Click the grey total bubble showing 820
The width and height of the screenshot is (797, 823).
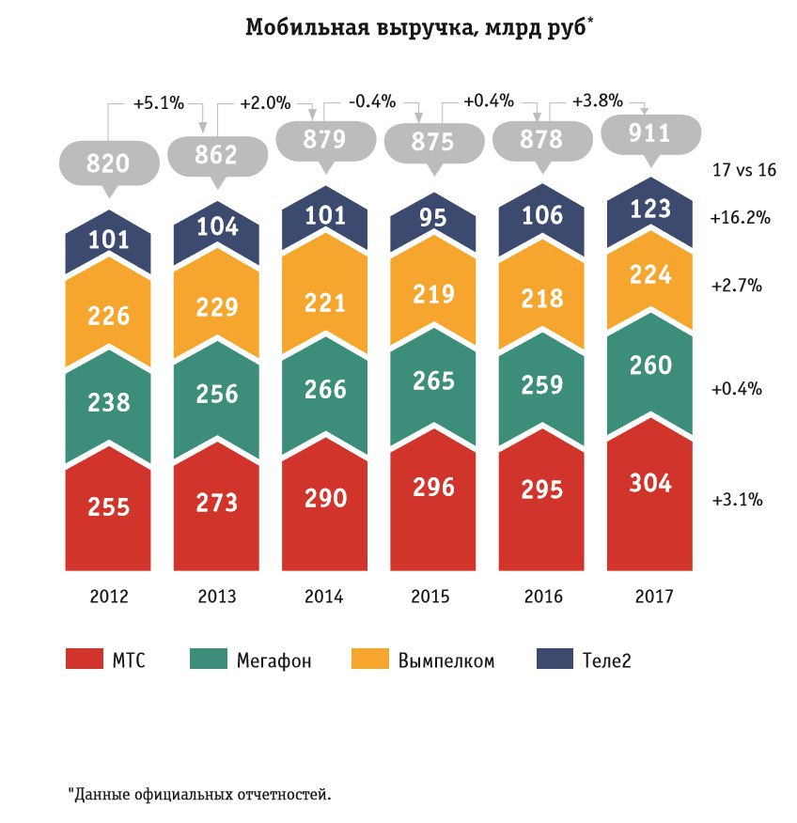tap(108, 163)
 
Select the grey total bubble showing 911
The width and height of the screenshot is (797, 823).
tap(651, 133)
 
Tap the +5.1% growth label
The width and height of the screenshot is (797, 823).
tap(156, 102)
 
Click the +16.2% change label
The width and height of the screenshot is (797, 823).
tap(740, 218)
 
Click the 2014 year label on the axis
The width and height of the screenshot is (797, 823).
tap(324, 597)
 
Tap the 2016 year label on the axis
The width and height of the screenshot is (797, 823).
tap(542, 597)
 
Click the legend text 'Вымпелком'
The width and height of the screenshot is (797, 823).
tap(445, 660)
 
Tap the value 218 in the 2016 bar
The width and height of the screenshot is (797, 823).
tap(542, 298)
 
